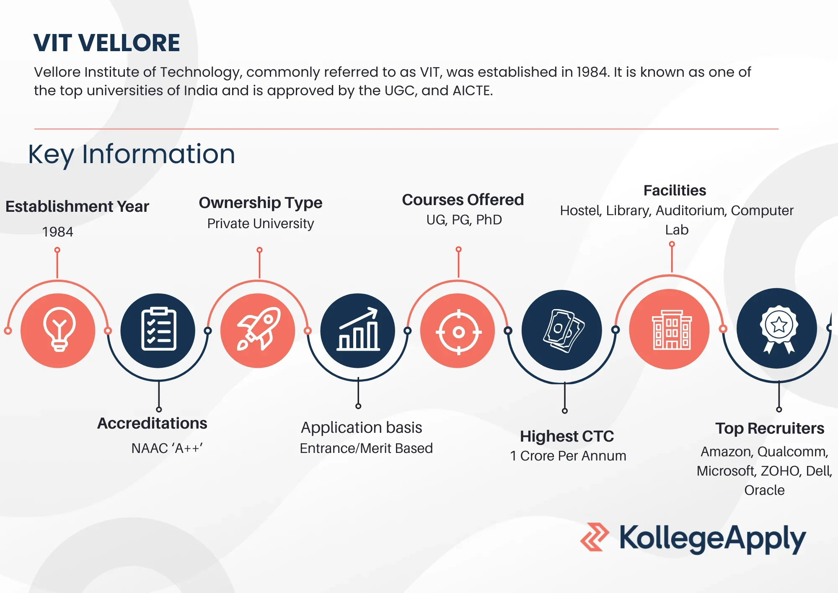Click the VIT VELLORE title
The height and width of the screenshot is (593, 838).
tap(107, 43)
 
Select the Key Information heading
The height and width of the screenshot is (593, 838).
tap(132, 154)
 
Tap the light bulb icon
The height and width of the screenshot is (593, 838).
tap(59, 329)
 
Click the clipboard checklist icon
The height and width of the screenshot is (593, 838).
tap(158, 329)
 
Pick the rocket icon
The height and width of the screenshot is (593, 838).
tap(259, 328)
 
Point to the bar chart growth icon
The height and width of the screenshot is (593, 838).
tap(358, 329)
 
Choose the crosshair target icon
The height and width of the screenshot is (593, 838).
tap(458, 332)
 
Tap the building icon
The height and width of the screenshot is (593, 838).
tap(672, 330)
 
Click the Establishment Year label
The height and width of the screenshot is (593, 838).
tap(77, 207)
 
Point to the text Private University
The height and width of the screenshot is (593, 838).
tap(261, 224)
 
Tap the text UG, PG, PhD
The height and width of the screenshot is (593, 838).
tap(464, 220)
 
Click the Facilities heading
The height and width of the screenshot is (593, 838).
tap(675, 190)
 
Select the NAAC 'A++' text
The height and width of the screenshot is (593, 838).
tap(167, 448)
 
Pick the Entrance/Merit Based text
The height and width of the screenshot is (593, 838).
tap(366, 448)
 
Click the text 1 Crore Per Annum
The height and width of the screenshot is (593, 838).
tap(568, 456)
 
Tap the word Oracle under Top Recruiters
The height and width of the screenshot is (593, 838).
tap(764, 490)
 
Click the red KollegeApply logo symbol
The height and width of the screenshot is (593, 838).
tap(595, 537)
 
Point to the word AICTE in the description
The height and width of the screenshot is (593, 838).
tap(472, 91)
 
